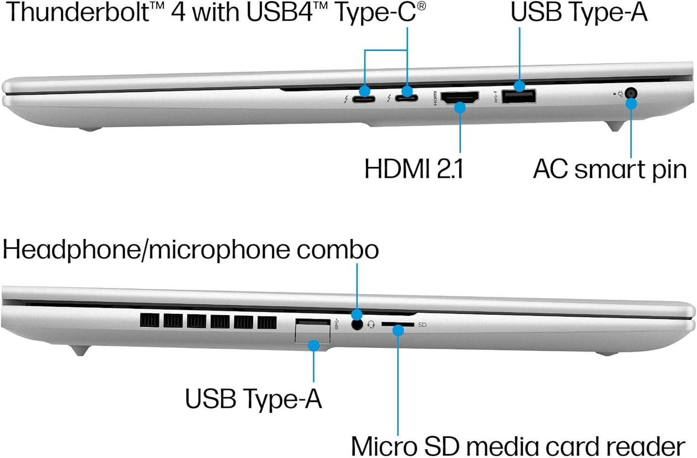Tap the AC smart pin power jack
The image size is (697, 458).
pyautogui.click(x=631, y=93)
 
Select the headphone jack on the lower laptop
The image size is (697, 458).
pyautogui.click(x=357, y=324)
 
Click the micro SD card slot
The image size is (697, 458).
pyautogui.click(x=397, y=325)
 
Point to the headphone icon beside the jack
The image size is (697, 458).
pyautogui.click(x=371, y=325)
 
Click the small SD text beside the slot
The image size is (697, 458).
pyautogui.click(x=422, y=325)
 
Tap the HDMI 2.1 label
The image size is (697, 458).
pyautogui.click(x=414, y=168)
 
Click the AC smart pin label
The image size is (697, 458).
pyautogui.click(x=610, y=169)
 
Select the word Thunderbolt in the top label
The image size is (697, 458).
pyautogui.click(x=77, y=12)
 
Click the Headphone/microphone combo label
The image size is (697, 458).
pyautogui.click(x=191, y=250)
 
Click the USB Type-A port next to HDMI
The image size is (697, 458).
pyautogui.click(x=519, y=96)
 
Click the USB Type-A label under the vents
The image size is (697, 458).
pyautogui.click(x=253, y=399)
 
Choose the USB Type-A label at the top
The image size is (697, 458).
pyautogui.click(x=579, y=12)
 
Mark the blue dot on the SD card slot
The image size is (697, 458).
pyautogui.click(x=398, y=330)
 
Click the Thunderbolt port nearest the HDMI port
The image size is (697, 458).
pyautogui.click(x=407, y=98)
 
